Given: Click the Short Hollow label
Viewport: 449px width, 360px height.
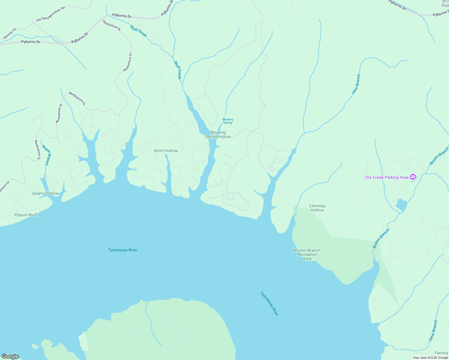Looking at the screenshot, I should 166,151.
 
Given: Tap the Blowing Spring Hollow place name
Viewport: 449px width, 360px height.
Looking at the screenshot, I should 218,134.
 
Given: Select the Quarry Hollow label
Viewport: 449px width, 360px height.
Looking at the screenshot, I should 45,193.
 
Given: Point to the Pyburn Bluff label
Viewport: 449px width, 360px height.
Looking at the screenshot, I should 26,215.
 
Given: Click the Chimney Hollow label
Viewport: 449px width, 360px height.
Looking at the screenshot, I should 317,208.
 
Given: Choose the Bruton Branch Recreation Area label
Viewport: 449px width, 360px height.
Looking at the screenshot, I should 307,254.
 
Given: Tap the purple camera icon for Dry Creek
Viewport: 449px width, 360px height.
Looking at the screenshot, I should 413,177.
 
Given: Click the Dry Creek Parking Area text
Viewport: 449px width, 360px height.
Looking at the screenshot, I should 387,177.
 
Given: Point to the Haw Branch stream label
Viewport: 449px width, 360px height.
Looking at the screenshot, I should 356,84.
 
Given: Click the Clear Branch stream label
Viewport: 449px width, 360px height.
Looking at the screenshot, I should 433,331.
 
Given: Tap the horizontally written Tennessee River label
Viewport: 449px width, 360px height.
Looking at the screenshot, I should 123,250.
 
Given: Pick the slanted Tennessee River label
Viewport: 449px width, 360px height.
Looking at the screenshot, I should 269,304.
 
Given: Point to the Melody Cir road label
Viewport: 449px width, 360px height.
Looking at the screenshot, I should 9,34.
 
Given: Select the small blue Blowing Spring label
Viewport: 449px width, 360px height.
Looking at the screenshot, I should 228,121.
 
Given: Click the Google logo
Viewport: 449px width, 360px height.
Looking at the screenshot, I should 10,356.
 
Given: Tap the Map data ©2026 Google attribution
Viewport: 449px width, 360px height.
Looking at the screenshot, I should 430,358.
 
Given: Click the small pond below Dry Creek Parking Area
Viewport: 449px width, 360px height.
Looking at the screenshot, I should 401,205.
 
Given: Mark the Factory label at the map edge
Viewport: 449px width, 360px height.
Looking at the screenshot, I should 441,353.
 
